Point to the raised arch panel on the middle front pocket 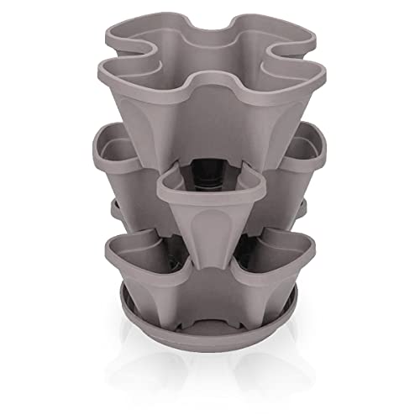pos(210,227)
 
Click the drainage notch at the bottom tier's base pos(210,290)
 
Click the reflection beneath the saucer pos(210,353)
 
